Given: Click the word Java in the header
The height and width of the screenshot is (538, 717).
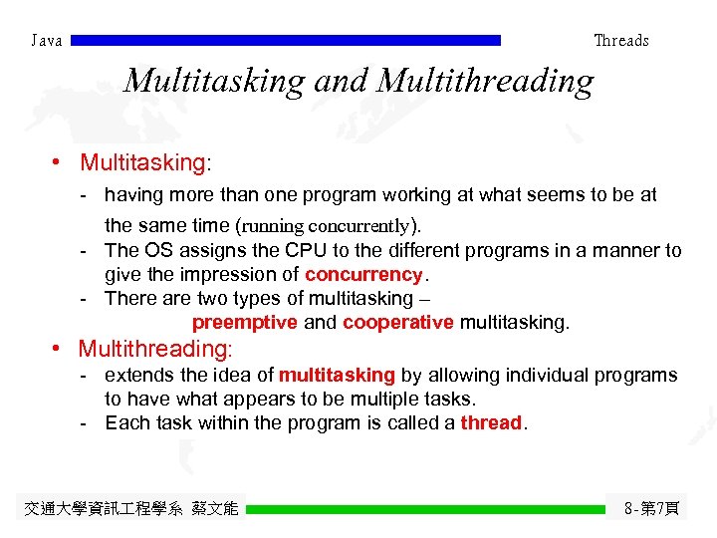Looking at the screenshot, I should [47, 41].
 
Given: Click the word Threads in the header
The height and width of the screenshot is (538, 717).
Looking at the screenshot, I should [620, 41].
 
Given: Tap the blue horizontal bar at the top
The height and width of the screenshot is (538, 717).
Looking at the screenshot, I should [287, 41].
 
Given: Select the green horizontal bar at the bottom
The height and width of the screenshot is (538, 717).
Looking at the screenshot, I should [425, 509].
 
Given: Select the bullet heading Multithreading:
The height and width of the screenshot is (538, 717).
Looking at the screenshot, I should [155, 349].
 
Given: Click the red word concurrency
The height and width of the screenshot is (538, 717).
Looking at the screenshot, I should [364, 274].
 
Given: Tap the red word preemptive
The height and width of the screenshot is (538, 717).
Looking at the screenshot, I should [244, 322].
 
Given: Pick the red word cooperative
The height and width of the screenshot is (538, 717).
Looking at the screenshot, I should [398, 322].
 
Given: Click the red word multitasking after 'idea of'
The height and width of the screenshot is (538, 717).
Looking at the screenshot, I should [338, 376].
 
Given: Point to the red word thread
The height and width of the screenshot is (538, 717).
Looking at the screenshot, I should [491, 422].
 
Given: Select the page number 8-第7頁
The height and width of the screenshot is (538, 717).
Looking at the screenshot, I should [651, 509].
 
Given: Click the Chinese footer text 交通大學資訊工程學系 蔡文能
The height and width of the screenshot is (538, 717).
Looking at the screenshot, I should [130, 509].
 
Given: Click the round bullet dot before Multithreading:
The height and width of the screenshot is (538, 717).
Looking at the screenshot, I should [59, 349].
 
